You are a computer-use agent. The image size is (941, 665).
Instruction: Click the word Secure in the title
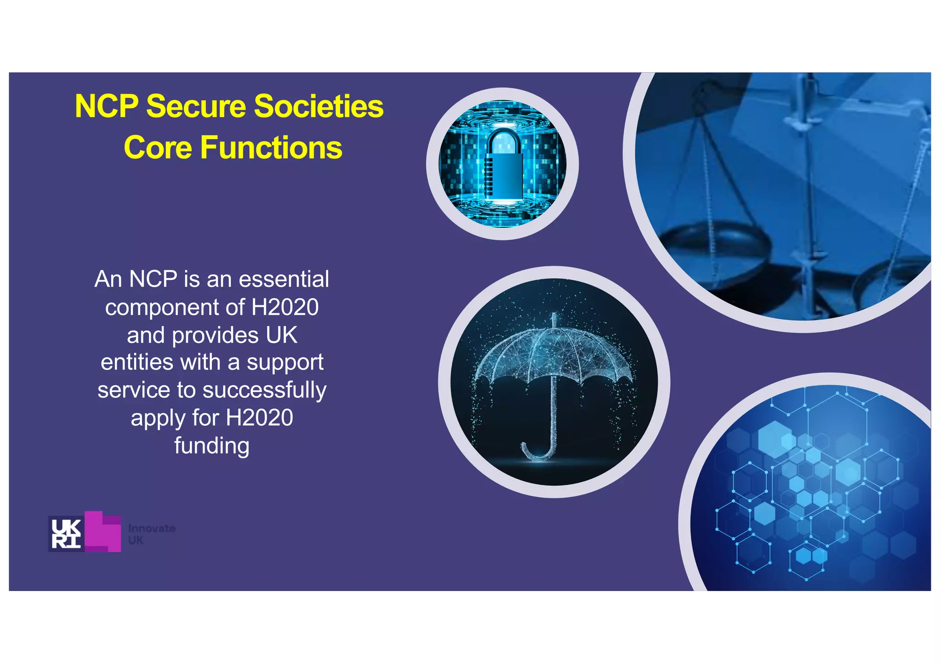click(x=197, y=107)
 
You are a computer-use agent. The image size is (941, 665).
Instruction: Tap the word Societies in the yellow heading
click(x=318, y=107)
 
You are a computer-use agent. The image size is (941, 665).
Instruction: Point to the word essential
click(x=283, y=279)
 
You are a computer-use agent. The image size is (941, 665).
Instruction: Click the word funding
click(x=212, y=445)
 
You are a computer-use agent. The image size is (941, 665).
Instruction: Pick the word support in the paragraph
click(x=285, y=363)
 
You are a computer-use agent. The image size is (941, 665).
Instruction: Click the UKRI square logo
click(x=66, y=533)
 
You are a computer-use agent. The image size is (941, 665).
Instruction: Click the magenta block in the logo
click(x=103, y=531)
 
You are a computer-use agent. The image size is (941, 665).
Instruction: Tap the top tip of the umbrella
click(x=554, y=317)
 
